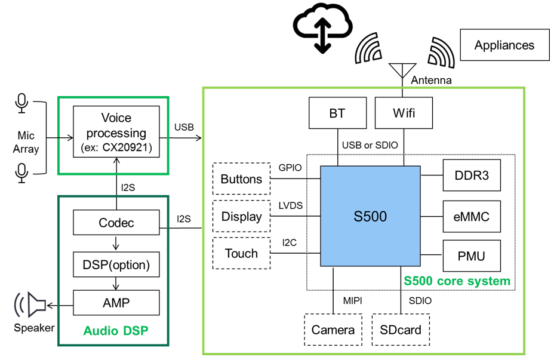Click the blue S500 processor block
[370, 217]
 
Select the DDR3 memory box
[471, 176]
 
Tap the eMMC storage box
[471, 217]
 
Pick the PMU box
[471, 256]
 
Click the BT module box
[337, 113]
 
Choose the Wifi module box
[403, 113]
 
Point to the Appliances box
[504, 45]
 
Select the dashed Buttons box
[241, 179]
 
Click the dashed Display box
[241, 216]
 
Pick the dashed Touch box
[241, 253]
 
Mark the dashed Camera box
[333, 330]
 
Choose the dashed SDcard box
[401, 330]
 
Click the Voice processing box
[116, 132]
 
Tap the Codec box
[116, 223]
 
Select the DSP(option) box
[116, 264]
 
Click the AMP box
[116, 303]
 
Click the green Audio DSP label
[116, 330]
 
